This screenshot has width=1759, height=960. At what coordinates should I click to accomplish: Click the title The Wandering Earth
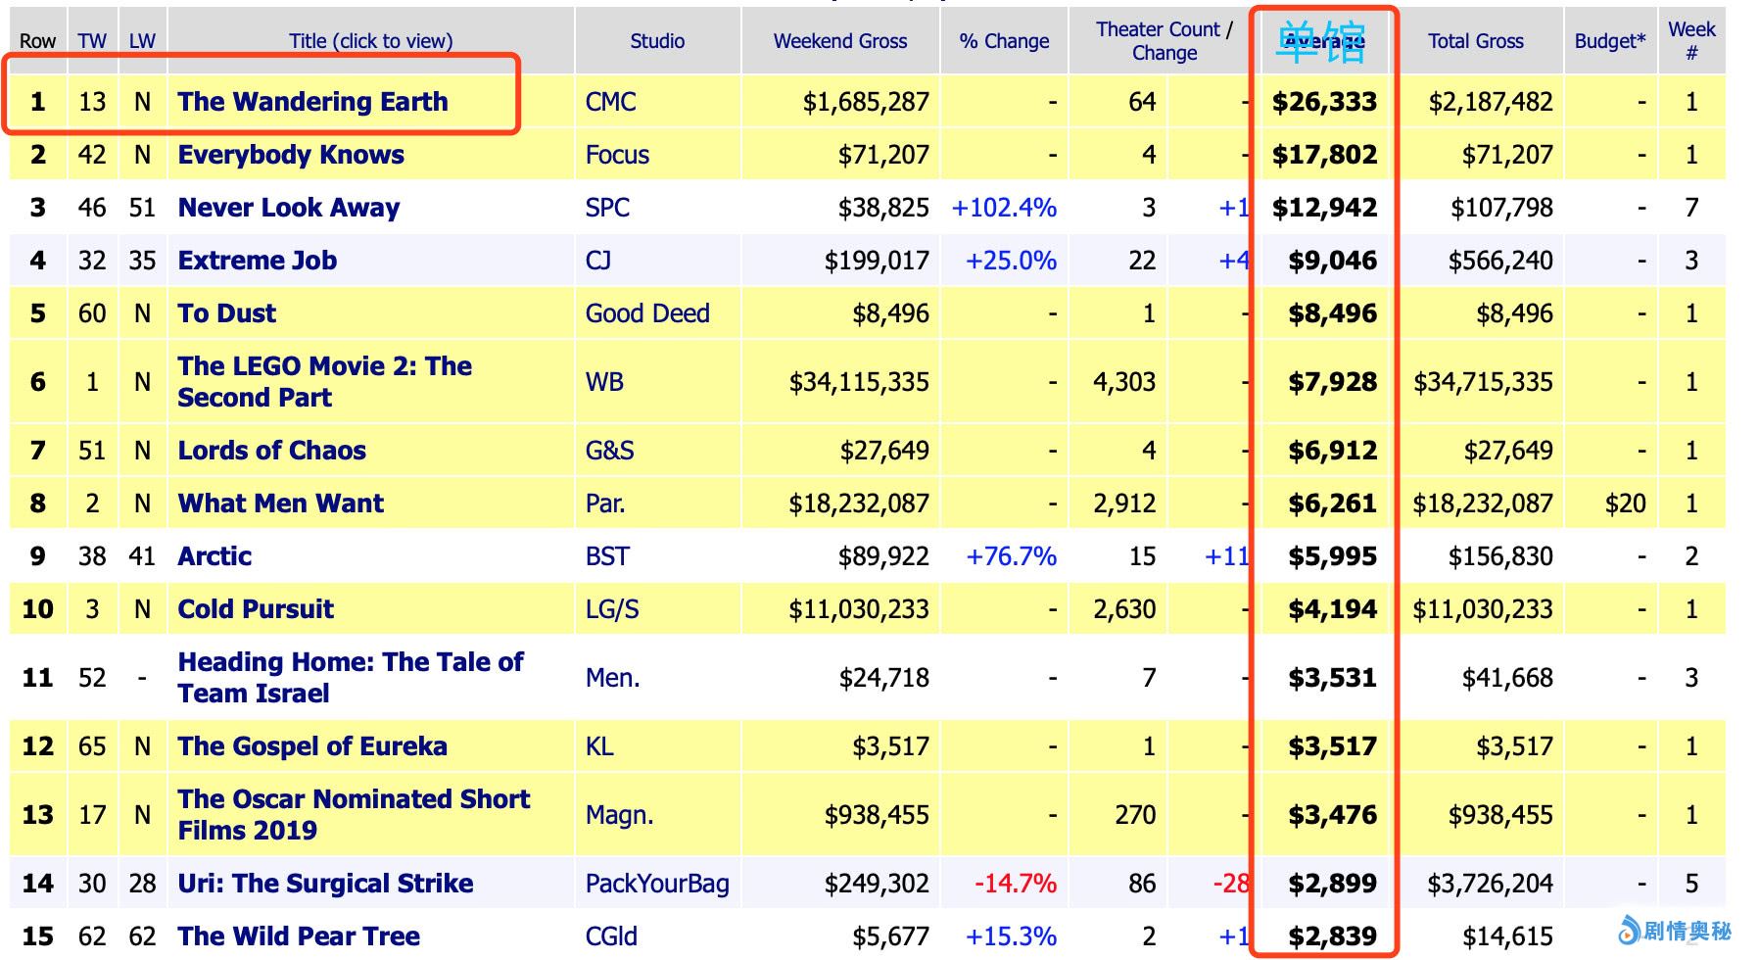[x=312, y=102]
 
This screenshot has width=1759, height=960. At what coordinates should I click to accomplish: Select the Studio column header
[x=657, y=41]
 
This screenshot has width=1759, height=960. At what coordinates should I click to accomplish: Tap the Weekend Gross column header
[x=839, y=41]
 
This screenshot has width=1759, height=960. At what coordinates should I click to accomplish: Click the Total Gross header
[x=1475, y=41]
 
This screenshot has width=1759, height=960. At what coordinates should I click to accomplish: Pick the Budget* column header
[x=1609, y=41]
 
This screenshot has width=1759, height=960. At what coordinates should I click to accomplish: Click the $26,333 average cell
[x=1324, y=102]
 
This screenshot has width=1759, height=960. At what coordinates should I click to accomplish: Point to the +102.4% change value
[x=1004, y=208]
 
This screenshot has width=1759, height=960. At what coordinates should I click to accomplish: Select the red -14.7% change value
[x=1015, y=884]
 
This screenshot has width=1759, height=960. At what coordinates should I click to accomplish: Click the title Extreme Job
[x=258, y=261]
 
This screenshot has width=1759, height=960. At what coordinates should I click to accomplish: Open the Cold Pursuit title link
[x=256, y=609]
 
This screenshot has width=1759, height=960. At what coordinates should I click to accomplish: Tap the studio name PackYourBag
[x=657, y=884]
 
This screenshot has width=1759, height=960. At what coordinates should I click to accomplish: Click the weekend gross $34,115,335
[x=859, y=382]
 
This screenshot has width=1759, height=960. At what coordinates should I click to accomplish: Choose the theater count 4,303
[x=1123, y=382]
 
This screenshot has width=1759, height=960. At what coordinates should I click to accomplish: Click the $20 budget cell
[x=1625, y=504]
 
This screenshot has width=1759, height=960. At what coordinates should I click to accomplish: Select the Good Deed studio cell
[x=647, y=313]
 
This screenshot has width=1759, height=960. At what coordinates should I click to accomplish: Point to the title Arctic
[x=214, y=556]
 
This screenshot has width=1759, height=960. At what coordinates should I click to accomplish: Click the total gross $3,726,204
[x=1490, y=884]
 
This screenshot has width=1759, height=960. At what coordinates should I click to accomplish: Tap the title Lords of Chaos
[x=272, y=451]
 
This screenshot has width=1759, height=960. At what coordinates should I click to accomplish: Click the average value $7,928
[x=1332, y=382]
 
